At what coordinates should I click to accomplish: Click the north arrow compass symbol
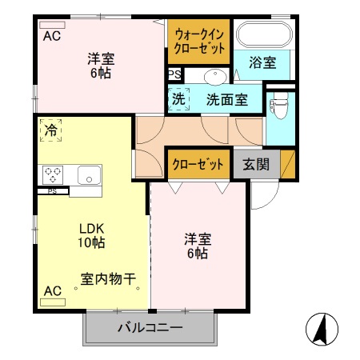322,329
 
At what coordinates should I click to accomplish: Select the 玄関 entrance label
256,165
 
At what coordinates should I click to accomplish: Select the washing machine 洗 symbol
178,100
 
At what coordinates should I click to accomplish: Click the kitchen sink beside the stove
88,174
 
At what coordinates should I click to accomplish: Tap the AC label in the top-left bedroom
52,36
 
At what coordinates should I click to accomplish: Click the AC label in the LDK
52,290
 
